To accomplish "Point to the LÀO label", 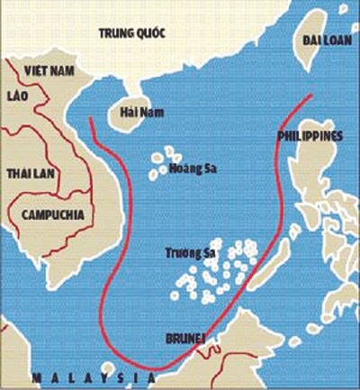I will [x=18, y=93].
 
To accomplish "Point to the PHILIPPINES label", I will [x=308, y=136].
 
